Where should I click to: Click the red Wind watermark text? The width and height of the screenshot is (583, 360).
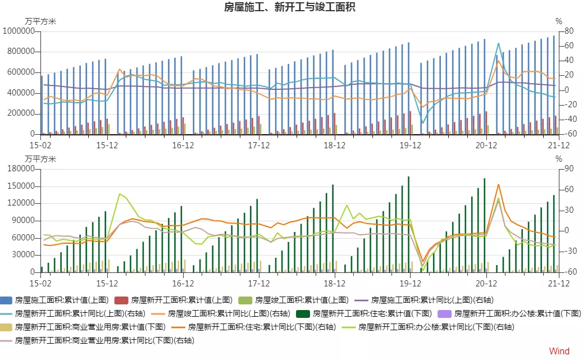click(559, 351)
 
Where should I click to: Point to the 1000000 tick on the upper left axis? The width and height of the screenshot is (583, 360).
click(20, 31)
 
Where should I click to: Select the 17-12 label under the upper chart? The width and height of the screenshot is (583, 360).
click(258, 145)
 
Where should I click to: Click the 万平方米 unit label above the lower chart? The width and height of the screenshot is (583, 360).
click(40, 159)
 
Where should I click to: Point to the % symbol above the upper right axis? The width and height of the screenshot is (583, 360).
click(558, 21)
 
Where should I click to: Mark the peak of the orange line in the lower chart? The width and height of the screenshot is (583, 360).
click(498, 184)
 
